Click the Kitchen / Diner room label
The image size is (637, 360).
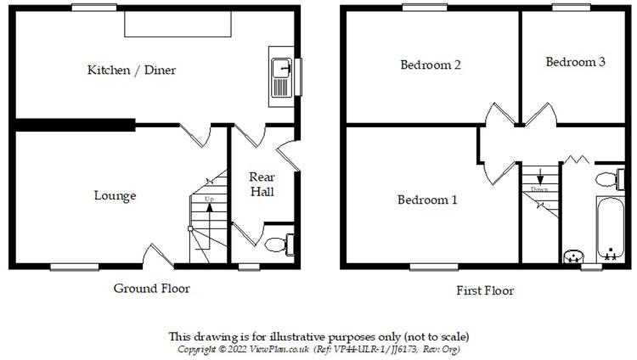click(132, 70)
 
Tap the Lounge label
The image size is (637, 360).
click(115, 196)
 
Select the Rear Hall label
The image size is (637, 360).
click(261, 184)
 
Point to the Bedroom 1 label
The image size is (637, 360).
click(428, 200)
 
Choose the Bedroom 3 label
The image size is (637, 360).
click(575, 62)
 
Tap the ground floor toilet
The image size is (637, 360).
click(278, 244)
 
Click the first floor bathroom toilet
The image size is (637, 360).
click(607, 179)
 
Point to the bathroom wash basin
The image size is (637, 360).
click(574, 254)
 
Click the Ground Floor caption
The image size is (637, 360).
click(152, 289)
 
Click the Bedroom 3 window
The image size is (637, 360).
click(572, 7)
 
